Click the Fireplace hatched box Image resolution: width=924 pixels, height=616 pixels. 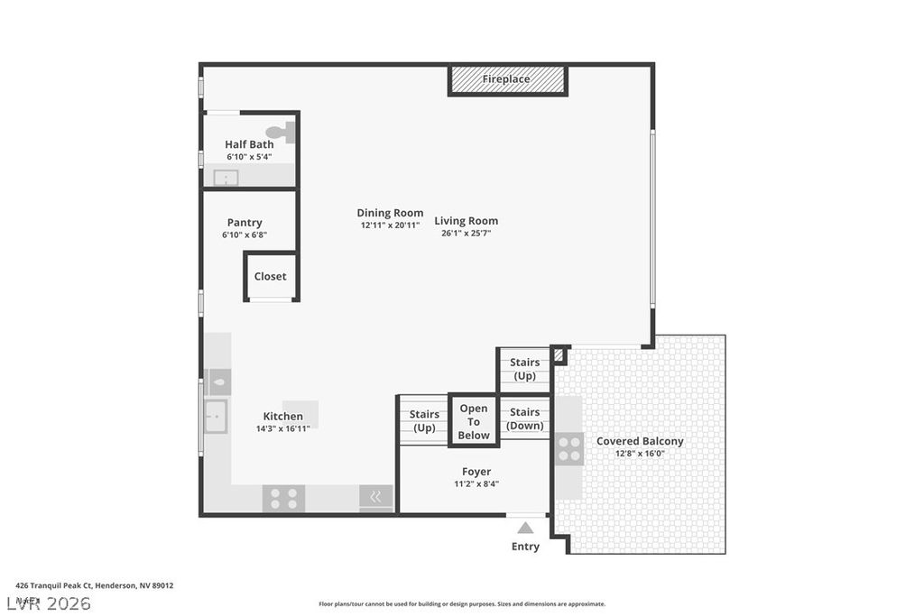(507, 79)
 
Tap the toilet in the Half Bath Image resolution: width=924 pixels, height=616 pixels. (285, 133)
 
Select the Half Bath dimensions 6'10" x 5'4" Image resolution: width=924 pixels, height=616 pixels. (249, 157)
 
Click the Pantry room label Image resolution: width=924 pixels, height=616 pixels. (245, 223)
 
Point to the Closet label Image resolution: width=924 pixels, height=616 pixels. (270, 277)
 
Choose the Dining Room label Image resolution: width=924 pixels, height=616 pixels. (390, 214)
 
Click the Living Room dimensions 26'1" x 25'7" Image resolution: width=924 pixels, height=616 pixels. (466, 233)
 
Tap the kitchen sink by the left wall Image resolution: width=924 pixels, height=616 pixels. (216, 417)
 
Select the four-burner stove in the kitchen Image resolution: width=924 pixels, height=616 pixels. (283, 498)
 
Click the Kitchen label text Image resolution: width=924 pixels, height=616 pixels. (282, 416)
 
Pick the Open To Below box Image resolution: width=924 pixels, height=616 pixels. (474, 421)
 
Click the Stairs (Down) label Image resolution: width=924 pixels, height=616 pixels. (524, 418)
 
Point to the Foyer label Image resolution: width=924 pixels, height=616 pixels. (476, 472)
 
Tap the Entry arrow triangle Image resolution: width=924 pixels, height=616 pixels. (525, 528)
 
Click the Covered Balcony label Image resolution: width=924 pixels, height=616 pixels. (640, 441)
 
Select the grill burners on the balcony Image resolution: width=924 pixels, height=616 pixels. (569, 448)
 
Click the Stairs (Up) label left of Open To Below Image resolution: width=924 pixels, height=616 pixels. (424, 420)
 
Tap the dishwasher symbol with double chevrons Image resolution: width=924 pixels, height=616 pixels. (375, 497)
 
